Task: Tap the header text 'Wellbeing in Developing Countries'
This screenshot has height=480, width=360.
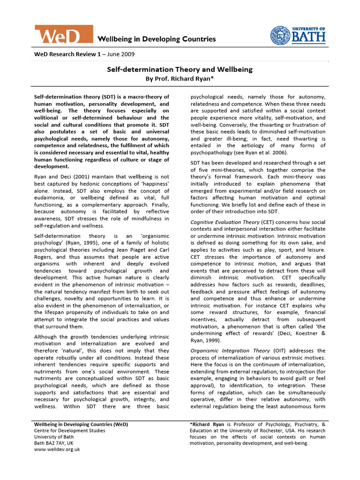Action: pos(157,39)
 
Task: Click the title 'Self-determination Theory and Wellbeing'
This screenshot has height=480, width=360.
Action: pos(180,69)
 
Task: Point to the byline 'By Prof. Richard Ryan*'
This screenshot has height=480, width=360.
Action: pos(180,78)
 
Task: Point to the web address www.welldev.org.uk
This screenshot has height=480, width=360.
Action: pos(57,449)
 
